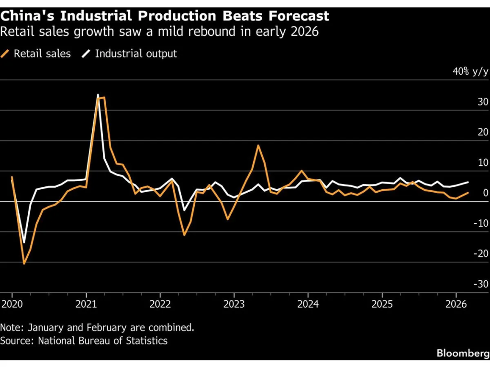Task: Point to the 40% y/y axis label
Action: [x=470, y=72]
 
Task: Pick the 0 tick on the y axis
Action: [x=485, y=193]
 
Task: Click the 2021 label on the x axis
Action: [x=86, y=304]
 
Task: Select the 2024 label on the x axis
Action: [x=308, y=304]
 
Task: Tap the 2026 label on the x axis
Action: [x=456, y=304]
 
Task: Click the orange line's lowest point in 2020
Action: [x=24, y=264]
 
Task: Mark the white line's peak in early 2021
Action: [x=98, y=95]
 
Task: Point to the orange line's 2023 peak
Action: [x=258, y=145]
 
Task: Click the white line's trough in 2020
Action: [x=24, y=242]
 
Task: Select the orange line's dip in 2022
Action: [x=184, y=235]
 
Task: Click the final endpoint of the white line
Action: [x=468, y=182]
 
